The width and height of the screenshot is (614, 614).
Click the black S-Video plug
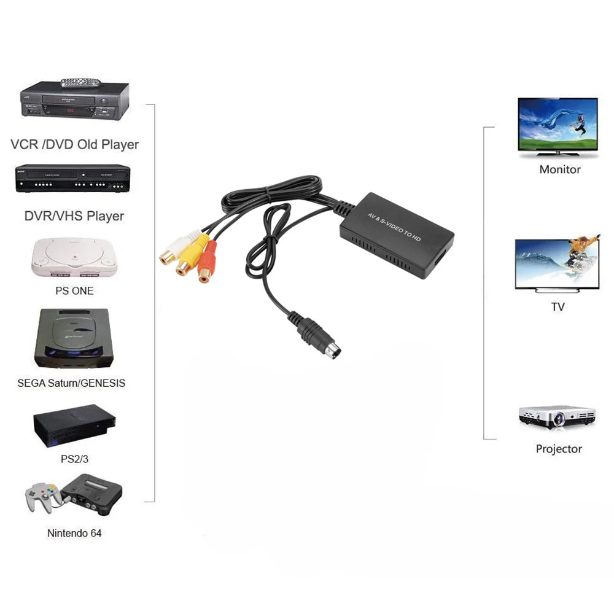click(319, 338)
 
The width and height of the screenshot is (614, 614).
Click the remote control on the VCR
click(80, 82)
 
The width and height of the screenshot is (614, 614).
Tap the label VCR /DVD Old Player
click(75, 145)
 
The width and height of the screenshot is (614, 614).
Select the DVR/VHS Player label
click(74, 216)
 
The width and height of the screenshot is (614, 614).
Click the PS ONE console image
click(74, 258)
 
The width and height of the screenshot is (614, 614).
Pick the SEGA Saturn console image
click(74, 340)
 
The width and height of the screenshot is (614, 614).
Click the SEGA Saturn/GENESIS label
click(71, 383)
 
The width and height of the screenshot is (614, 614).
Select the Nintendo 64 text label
click(74, 533)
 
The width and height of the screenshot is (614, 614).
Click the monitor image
click(558, 126)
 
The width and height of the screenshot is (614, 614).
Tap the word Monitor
click(559, 169)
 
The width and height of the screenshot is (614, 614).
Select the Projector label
click(559, 449)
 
